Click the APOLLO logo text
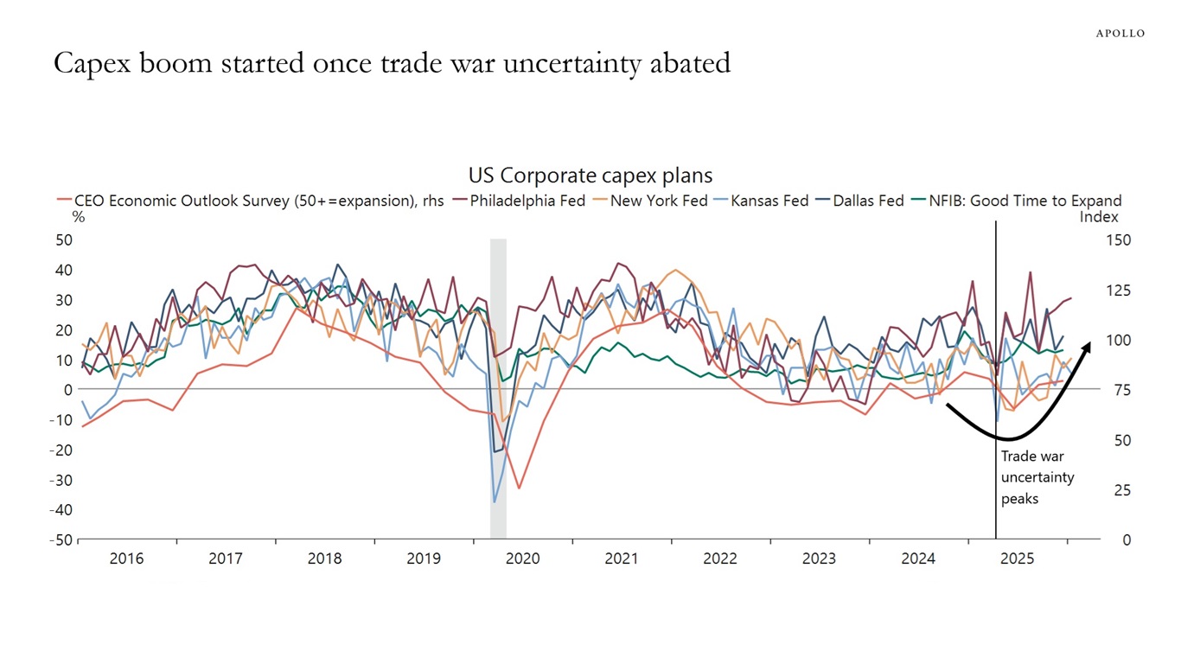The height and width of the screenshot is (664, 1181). (1120, 33)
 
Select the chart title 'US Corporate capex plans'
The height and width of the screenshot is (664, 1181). (590, 176)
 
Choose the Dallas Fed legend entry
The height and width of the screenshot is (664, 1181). (862, 201)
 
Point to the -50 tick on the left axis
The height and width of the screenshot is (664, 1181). (61, 539)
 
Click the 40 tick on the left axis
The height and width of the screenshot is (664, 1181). (64, 270)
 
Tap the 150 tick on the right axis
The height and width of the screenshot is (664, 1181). (1118, 239)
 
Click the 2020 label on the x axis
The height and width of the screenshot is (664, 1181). (522, 559)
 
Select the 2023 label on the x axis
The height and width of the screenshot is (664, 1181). (819, 559)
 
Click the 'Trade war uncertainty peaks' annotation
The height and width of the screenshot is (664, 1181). (1037, 477)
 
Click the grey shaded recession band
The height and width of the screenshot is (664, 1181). (498, 389)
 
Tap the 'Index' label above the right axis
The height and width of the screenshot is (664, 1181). (1098, 217)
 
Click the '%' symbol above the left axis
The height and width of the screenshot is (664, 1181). (79, 217)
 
